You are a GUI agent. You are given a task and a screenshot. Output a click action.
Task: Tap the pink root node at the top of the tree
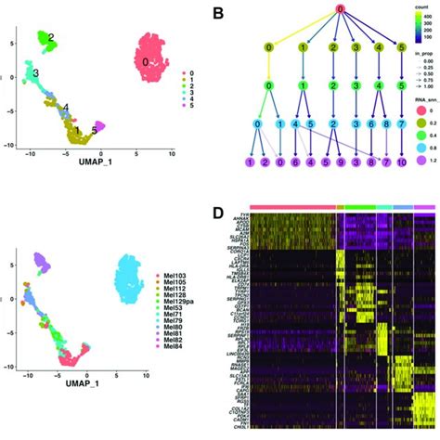(x=341, y=9)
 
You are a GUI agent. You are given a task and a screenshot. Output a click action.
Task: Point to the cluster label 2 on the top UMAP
(x=51, y=37)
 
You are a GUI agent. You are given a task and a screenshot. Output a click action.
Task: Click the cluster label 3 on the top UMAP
(x=35, y=72)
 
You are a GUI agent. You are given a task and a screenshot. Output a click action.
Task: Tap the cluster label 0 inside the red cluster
(x=145, y=61)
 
